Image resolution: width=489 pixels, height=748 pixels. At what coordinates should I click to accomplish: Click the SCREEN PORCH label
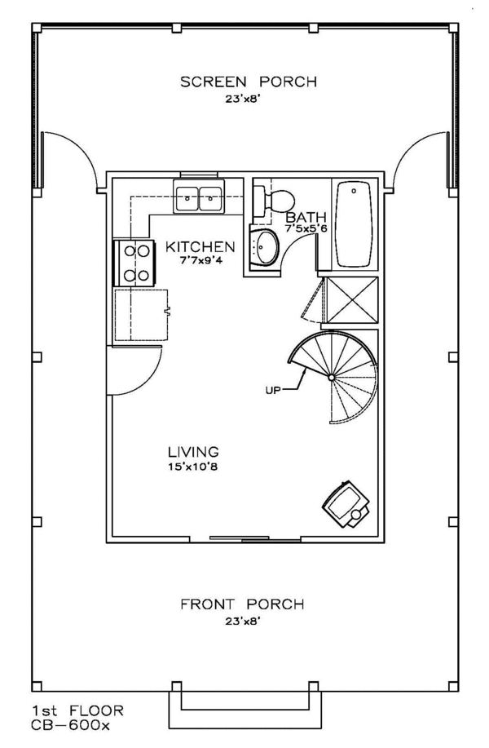pyautogui.click(x=249, y=82)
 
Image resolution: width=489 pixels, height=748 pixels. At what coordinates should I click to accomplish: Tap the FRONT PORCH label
pyautogui.click(x=242, y=604)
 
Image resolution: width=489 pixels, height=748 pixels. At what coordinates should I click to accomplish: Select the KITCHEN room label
pyautogui.click(x=200, y=246)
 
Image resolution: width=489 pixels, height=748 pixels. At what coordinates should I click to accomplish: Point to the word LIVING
pyautogui.click(x=193, y=451)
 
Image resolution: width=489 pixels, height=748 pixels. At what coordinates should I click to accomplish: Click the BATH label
pyautogui.click(x=306, y=218)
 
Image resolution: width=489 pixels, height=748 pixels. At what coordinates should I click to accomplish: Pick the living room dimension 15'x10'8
pyautogui.click(x=193, y=467)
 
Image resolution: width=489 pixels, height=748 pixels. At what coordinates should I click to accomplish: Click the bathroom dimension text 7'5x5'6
pyautogui.click(x=306, y=228)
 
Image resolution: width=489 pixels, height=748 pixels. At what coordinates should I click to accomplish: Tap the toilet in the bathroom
pyautogui.click(x=273, y=201)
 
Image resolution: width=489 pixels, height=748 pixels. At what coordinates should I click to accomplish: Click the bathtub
pyautogui.click(x=354, y=224)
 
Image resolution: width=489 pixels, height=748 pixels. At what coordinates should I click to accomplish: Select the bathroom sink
pyautogui.click(x=263, y=247)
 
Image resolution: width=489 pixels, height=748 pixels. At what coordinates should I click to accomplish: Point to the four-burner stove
pyautogui.click(x=134, y=263)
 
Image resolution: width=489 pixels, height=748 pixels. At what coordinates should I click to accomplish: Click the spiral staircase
pyautogui.click(x=333, y=378)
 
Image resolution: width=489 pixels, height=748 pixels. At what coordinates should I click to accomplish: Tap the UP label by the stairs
pyautogui.click(x=273, y=391)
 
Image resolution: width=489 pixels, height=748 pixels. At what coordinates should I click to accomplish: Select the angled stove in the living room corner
pyautogui.click(x=346, y=505)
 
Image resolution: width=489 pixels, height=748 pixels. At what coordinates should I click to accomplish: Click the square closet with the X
pyautogui.click(x=350, y=300)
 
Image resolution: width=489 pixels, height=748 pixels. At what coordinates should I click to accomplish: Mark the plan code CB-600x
pyautogui.click(x=71, y=726)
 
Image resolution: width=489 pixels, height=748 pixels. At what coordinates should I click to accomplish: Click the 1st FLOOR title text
pyautogui.click(x=77, y=710)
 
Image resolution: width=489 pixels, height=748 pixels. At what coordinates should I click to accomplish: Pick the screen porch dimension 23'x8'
pyautogui.click(x=243, y=100)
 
